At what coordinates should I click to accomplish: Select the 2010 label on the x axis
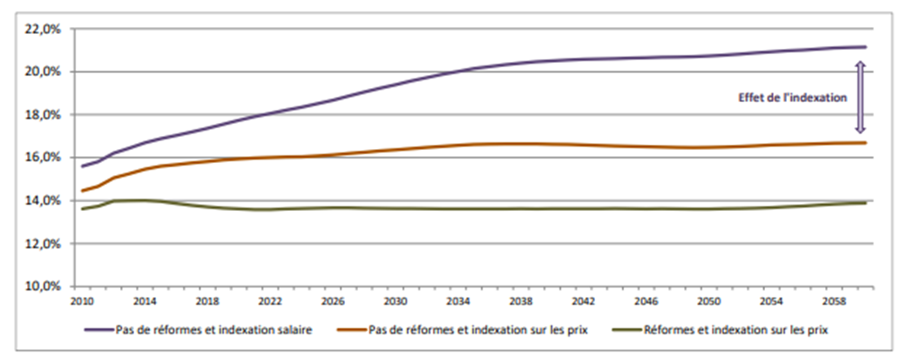(83, 301)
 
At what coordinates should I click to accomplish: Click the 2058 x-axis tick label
(835, 301)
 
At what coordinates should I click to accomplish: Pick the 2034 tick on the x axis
(458, 301)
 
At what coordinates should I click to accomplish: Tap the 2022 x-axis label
(271, 301)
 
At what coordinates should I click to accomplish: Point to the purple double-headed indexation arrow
(859, 97)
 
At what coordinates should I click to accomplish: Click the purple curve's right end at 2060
(865, 46)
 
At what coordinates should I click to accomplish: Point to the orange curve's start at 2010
(83, 191)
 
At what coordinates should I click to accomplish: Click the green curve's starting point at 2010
(83, 208)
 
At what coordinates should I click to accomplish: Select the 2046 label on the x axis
(646, 301)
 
